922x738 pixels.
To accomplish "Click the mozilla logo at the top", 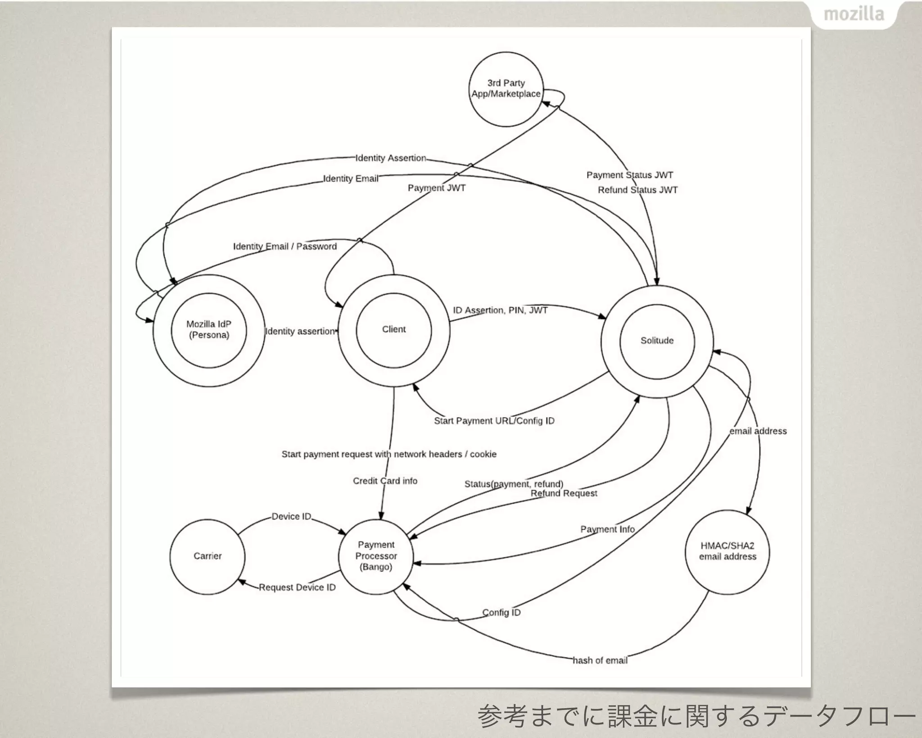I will pyautogui.click(x=854, y=14).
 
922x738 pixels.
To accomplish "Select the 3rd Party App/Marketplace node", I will pyautogui.click(x=506, y=89).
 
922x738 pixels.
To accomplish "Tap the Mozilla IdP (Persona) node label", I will pyautogui.click(x=209, y=329).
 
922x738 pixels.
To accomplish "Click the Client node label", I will pyautogui.click(x=393, y=329).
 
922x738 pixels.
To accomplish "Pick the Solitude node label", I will pyautogui.click(x=657, y=341).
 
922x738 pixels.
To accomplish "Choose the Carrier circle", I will pyautogui.click(x=208, y=556).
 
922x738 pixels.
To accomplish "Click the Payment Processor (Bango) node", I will pyautogui.click(x=376, y=556).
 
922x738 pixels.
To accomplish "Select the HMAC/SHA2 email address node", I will pyautogui.click(x=727, y=551).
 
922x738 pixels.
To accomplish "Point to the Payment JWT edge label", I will pyautogui.click(x=436, y=188).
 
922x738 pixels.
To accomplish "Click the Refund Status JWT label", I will pyautogui.click(x=637, y=190).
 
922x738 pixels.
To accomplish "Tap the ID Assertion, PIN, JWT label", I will pyautogui.click(x=500, y=310).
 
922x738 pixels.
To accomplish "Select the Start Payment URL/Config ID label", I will pyautogui.click(x=494, y=421).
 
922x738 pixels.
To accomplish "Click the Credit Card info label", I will pyautogui.click(x=385, y=481).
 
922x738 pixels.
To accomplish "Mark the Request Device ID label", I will pyautogui.click(x=297, y=588).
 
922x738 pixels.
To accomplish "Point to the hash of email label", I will pyautogui.click(x=600, y=661).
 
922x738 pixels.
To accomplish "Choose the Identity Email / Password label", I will pyautogui.click(x=285, y=246).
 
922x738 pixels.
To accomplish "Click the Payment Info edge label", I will pyautogui.click(x=607, y=529).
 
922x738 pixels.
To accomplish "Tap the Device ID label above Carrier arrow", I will pyautogui.click(x=291, y=517).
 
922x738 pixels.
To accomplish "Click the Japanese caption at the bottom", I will pyautogui.click(x=696, y=716).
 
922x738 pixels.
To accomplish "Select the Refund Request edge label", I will pyautogui.click(x=564, y=493).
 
